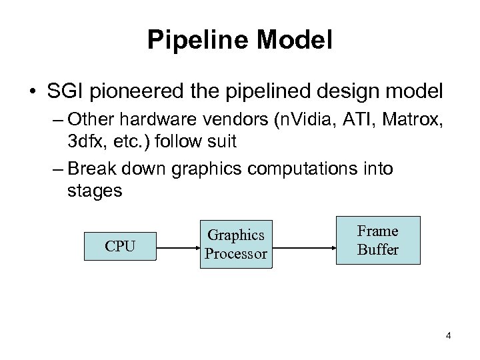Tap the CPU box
(121, 246)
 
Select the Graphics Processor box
(235, 245)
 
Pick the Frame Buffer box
(377, 240)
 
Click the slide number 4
(448, 335)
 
